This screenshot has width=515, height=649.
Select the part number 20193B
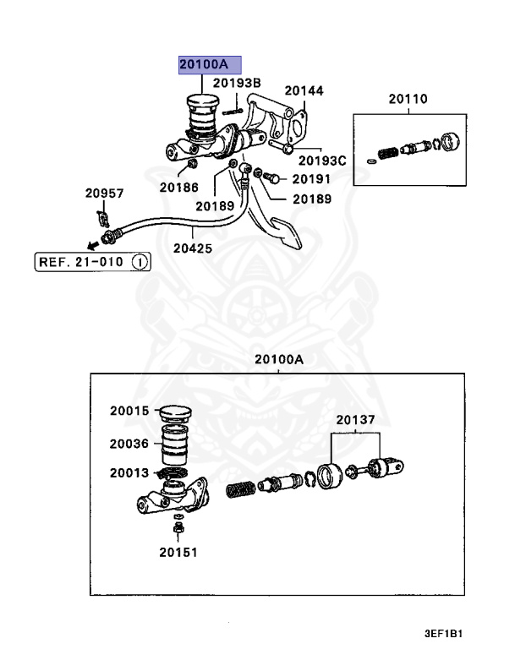(x=236, y=83)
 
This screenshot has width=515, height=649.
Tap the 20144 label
(x=304, y=90)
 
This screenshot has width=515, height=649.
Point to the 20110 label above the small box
(x=408, y=99)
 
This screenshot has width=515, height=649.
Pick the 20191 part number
(x=311, y=179)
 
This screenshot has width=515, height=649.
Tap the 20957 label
(x=104, y=194)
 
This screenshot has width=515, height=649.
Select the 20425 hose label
(x=193, y=248)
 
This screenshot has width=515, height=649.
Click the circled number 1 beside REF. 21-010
(x=140, y=262)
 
